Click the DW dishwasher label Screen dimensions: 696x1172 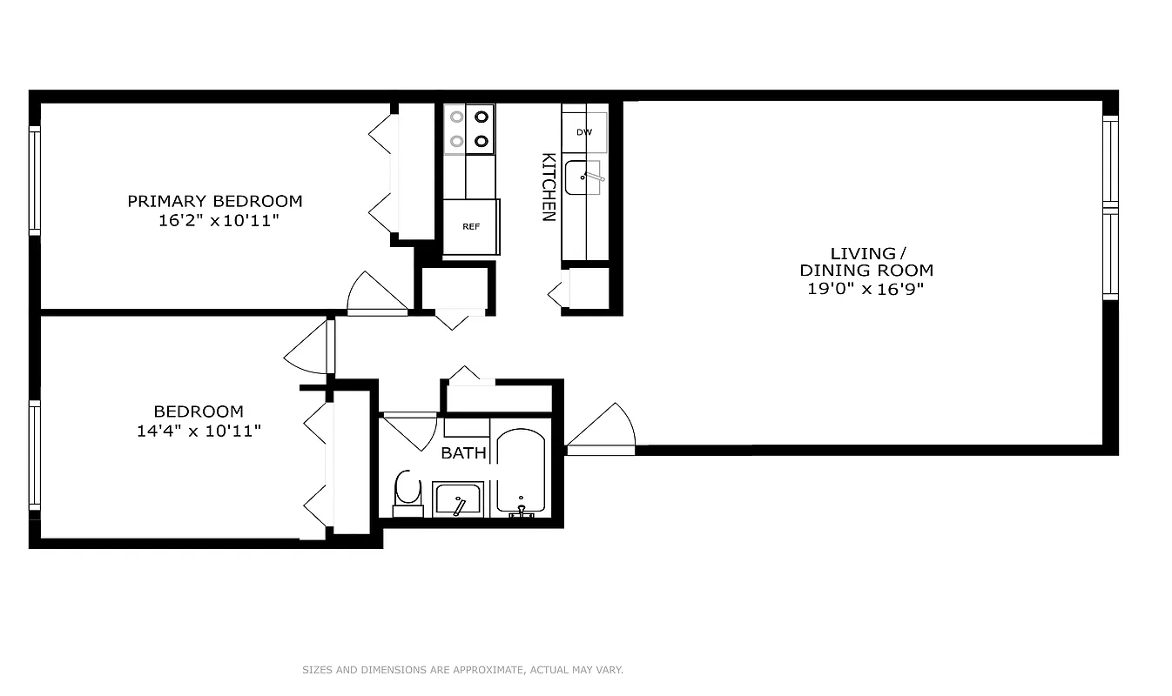(x=584, y=132)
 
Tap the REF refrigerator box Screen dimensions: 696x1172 (x=471, y=226)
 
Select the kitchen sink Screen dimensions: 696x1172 (x=583, y=177)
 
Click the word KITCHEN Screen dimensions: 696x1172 (x=549, y=187)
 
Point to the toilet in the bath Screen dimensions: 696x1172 (x=407, y=492)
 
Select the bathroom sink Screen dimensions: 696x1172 (x=457, y=500)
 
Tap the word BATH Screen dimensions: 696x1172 (x=463, y=453)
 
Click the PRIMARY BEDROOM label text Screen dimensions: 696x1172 (x=215, y=201)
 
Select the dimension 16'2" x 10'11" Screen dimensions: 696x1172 (x=218, y=221)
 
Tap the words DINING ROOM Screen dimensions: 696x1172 (x=866, y=271)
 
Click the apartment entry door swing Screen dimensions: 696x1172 (x=603, y=431)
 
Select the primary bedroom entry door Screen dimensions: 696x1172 (x=376, y=294)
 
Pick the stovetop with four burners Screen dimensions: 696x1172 (x=469, y=129)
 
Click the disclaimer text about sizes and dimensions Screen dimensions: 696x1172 (x=462, y=670)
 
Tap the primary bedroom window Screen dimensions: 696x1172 (x=35, y=180)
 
